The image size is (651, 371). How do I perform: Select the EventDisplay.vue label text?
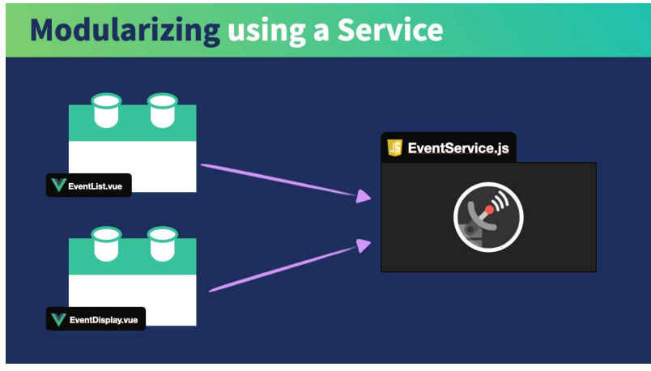coord(103,319)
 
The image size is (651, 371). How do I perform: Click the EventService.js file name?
coord(458,148)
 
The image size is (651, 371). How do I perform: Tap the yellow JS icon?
coord(395,147)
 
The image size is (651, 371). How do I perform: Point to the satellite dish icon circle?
coord(488,217)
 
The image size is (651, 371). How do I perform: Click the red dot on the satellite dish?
coord(489,210)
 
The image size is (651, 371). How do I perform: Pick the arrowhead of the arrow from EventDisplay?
coord(364,244)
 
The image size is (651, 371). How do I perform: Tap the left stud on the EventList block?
coord(106,110)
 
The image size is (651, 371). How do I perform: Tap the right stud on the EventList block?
coord(162,110)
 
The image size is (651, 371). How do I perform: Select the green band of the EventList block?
coord(133,130)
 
